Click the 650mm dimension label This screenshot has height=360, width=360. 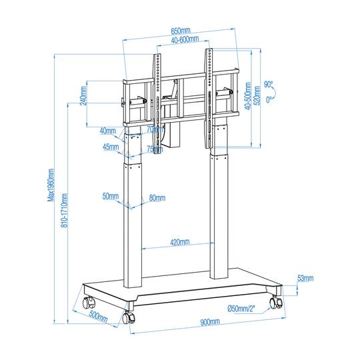[179, 31]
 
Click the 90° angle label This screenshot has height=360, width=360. [268, 85]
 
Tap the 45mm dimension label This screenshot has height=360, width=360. [111, 147]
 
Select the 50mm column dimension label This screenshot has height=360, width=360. [111, 197]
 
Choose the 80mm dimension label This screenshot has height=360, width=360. [157, 197]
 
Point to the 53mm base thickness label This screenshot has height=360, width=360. [305, 278]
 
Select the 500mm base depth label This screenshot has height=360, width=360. [99, 317]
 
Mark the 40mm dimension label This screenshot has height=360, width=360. [108, 130]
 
